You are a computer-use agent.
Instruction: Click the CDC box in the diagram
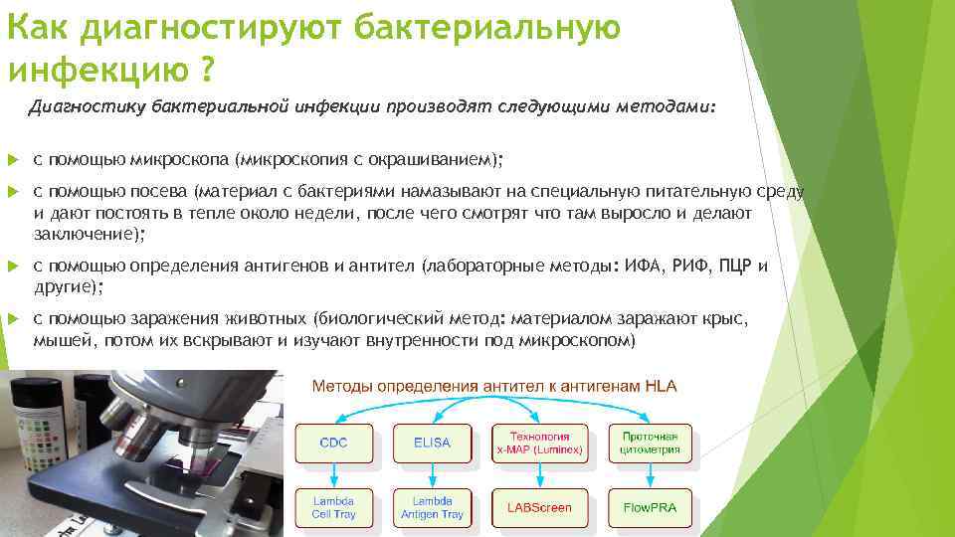(334, 443)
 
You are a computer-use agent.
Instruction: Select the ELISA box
(433, 443)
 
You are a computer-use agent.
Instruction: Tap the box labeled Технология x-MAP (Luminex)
(539, 443)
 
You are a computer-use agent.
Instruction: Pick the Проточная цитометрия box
(650, 443)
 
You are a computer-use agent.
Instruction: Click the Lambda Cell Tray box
(334, 507)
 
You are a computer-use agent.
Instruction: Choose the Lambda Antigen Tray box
(433, 507)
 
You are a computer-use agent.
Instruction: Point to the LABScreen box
(539, 507)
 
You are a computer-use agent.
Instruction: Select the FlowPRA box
(650, 507)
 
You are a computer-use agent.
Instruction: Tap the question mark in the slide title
(207, 71)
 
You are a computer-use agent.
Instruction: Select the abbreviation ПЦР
(732, 267)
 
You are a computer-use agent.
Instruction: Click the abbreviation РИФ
(689, 267)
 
